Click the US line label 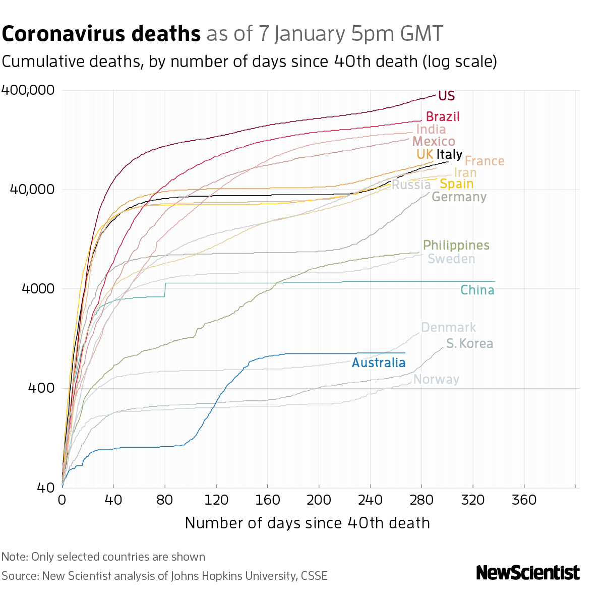pyautogui.click(x=446, y=96)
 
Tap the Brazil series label pyautogui.click(x=443, y=117)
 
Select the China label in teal pyautogui.click(x=477, y=290)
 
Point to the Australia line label pyautogui.click(x=378, y=362)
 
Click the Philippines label pyautogui.click(x=456, y=246)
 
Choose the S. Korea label pyautogui.click(x=469, y=344)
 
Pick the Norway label pyautogui.click(x=436, y=380)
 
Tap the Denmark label pyautogui.click(x=448, y=328)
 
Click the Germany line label pyautogui.click(x=459, y=197)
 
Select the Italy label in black pyautogui.click(x=449, y=154)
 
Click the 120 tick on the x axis pyautogui.click(x=216, y=500)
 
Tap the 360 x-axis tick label pyautogui.click(x=524, y=500)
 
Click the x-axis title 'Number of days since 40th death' pyautogui.click(x=307, y=523)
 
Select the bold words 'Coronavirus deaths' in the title pyautogui.click(x=101, y=34)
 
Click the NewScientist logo pyautogui.click(x=527, y=573)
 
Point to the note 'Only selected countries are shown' pyautogui.click(x=118, y=557)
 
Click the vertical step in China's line pyautogui.click(x=165, y=290)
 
